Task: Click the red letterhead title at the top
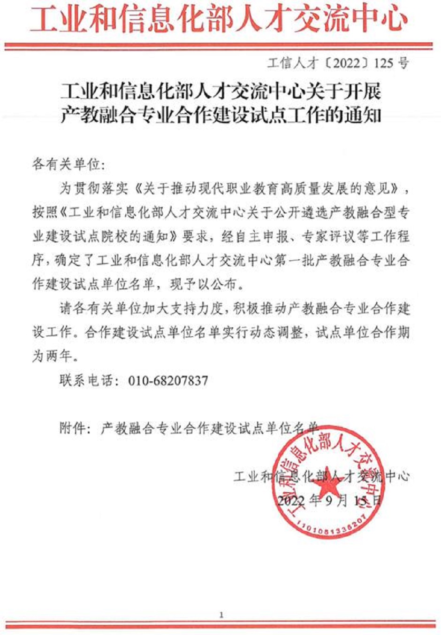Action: coord(219,20)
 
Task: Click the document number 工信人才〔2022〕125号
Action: coord(338,63)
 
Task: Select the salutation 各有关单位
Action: coord(65,165)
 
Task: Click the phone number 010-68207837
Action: coord(168,380)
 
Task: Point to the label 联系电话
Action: coord(86,380)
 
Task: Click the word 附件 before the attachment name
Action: coord(73,428)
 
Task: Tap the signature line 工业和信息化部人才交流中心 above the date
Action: coord(321,476)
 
